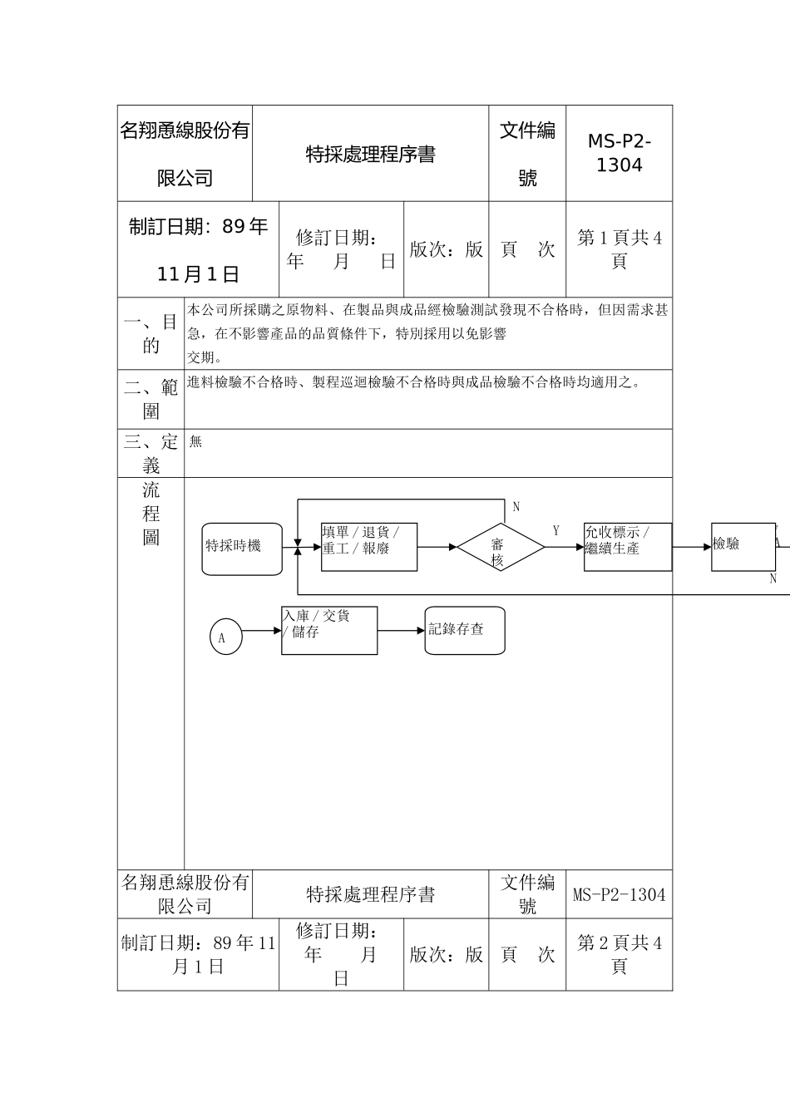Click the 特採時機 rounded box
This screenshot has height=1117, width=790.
[242, 549]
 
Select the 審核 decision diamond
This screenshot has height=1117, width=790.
[497, 548]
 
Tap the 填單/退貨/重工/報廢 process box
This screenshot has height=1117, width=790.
[369, 547]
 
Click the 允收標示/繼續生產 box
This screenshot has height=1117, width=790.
[628, 547]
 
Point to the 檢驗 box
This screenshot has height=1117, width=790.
[743, 547]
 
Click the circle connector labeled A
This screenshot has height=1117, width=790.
[225, 637]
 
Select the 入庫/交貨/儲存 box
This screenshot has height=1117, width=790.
[329, 631]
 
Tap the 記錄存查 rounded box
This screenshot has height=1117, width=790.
[465, 630]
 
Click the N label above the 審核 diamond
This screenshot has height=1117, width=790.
[516, 507]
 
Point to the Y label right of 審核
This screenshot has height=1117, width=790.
[556, 530]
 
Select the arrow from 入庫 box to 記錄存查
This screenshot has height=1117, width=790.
[402, 631]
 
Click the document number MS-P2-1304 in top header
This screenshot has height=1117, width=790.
[620, 153]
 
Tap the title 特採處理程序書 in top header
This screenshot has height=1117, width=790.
[370, 155]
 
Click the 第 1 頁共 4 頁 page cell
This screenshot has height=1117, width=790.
[620, 249]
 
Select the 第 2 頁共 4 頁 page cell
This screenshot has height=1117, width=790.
[620, 954]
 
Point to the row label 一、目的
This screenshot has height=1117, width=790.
[151, 333]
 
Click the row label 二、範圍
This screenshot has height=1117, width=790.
[151, 399]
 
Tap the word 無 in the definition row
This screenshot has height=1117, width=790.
[196, 442]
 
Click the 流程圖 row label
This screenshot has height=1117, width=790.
[151, 514]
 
